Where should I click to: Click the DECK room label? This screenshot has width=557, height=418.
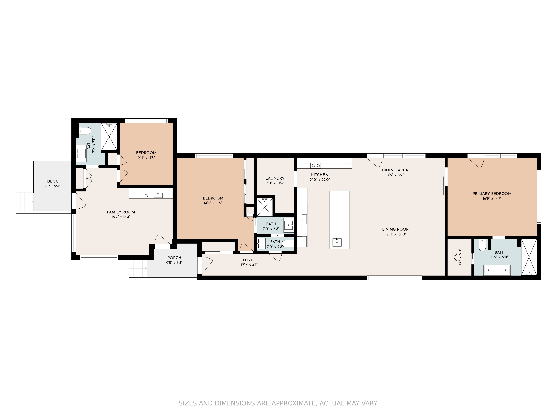52,181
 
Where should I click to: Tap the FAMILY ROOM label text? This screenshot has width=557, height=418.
121,212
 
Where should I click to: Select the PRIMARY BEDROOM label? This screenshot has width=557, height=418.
492,194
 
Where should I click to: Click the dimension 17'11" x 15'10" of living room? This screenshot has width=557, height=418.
396,234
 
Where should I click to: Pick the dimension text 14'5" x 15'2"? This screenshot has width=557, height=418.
213,203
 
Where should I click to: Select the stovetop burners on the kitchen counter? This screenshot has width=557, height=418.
316,166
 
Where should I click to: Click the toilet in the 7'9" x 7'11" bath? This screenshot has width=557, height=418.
85,131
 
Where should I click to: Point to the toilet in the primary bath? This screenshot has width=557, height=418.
482,245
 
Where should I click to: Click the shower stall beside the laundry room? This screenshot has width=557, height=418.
264,207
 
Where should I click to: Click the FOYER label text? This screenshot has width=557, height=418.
249,260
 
